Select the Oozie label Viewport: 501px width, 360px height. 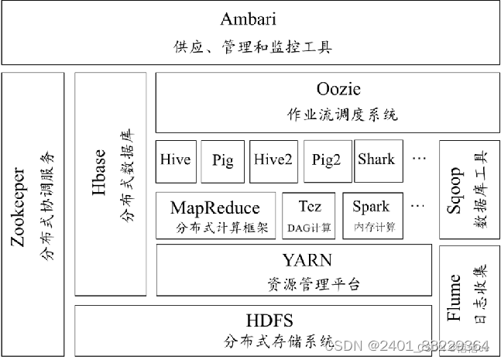(338, 89)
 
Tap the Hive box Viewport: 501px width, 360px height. (175, 160)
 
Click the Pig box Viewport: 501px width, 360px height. (222, 160)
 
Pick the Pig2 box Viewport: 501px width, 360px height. (327, 160)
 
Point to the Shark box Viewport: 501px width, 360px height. (376, 160)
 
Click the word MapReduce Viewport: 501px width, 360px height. (215, 207)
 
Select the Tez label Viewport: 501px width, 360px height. (310, 207)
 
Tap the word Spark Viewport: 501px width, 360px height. (372, 207)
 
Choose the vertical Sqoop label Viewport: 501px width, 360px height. (457, 183)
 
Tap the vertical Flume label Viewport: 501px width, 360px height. (455, 297)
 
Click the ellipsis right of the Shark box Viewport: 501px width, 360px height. (420, 159)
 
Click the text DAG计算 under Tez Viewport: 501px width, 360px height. (310, 227)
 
